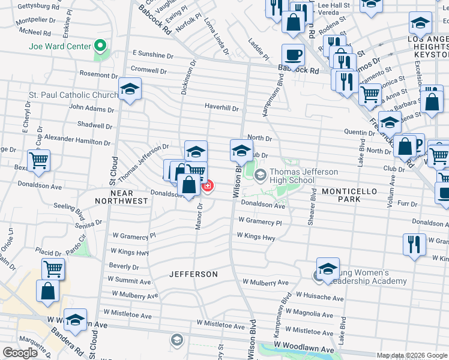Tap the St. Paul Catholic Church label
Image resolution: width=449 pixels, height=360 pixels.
pyautogui.click(x=74, y=95)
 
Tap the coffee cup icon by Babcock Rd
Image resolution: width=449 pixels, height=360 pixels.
pyautogui.click(x=293, y=55)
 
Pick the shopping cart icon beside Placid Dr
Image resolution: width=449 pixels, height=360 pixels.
pyautogui.click(x=53, y=269)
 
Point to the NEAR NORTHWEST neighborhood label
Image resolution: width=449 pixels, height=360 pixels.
pyautogui.click(x=121, y=201)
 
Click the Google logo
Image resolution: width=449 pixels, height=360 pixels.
pyautogui.click(x=20, y=353)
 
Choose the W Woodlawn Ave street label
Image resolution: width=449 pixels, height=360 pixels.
pyautogui.click(x=304, y=349)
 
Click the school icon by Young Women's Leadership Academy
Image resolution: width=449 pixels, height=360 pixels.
pyautogui.click(x=328, y=269)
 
